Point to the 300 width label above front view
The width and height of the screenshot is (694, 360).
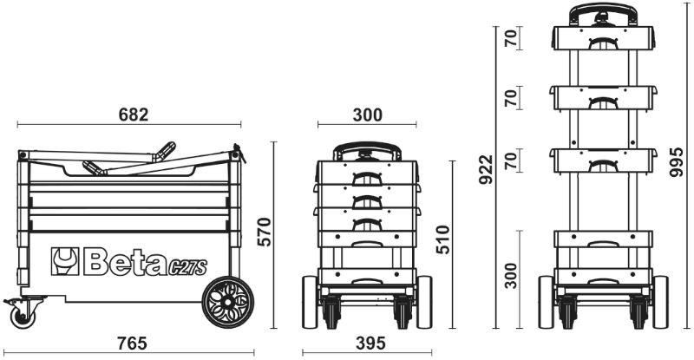point(368,115)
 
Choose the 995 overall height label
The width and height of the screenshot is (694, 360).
point(678,161)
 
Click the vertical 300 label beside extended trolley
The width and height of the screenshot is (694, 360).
point(512,276)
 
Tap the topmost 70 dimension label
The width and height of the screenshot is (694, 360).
point(512,38)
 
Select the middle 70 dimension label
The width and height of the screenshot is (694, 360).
point(512,97)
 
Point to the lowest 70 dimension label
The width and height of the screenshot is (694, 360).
point(512,160)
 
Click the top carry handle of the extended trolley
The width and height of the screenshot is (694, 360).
point(599,12)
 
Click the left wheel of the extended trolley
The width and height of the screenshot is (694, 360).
point(546,301)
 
